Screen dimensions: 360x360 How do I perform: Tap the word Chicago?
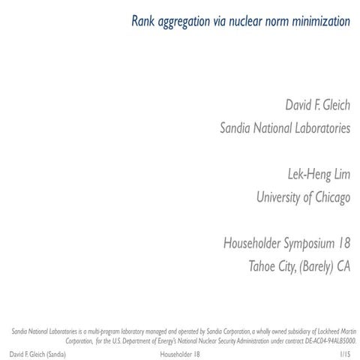[x=330, y=198]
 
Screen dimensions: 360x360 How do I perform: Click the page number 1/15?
[x=343, y=352]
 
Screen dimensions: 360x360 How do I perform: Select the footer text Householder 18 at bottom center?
[x=180, y=352]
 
